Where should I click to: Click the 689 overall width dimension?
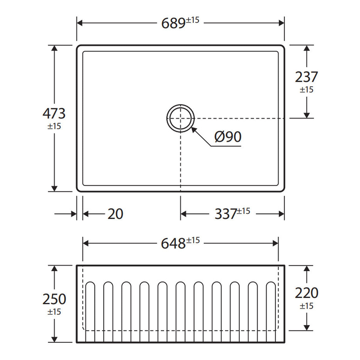coord(173,23)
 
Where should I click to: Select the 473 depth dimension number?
coord(54,113)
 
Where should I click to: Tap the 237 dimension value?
coord(306,77)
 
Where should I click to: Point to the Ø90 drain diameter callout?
coord(228,137)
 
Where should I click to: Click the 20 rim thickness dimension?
coord(115,214)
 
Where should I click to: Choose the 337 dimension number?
coord(226,214)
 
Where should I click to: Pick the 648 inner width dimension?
coord(173,244)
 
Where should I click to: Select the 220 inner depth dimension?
coord(306,293)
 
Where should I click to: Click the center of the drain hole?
coord(181,118)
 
